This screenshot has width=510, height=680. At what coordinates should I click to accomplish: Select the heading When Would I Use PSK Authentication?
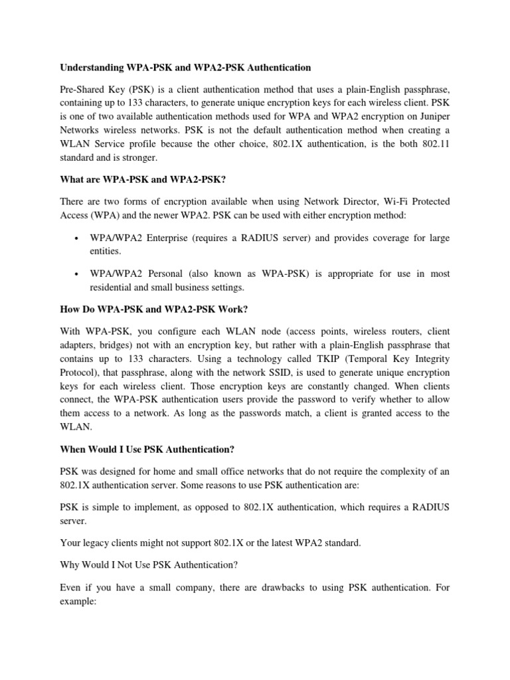(147, 450)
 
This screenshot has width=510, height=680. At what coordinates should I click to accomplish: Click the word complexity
(397, 471)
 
